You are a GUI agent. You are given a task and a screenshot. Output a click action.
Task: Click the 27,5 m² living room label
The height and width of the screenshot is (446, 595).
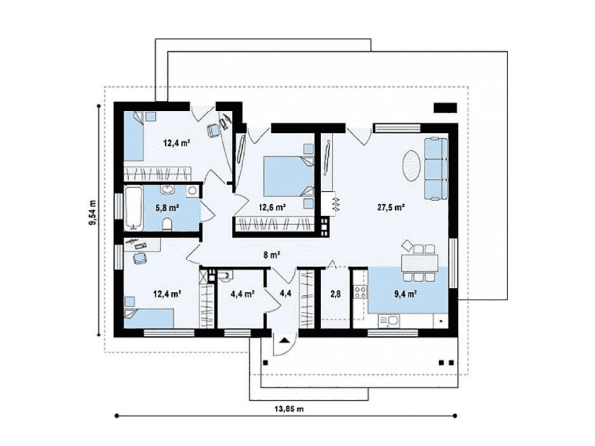pos(390,207)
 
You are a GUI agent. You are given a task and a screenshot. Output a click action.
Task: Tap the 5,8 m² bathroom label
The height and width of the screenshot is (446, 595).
pos(167,207)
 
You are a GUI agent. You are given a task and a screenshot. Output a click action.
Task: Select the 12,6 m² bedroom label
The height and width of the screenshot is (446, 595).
pos(272,207)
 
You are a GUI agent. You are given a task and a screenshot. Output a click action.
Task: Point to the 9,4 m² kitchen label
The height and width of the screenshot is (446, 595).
pos(406,293)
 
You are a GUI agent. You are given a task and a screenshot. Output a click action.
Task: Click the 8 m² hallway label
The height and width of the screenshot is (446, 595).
pos(272,255)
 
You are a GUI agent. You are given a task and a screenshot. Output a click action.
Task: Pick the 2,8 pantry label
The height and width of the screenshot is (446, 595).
pos(335,293)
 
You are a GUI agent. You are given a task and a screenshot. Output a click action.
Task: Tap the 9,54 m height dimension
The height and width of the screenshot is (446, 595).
pos(92,212)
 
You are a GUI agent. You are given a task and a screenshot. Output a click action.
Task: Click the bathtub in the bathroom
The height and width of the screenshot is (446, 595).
pos(133,207)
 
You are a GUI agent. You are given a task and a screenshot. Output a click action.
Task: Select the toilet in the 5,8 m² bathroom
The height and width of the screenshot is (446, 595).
pos(167,225)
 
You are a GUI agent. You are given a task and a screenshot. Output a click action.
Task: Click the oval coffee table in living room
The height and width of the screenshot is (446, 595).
pos(411,166)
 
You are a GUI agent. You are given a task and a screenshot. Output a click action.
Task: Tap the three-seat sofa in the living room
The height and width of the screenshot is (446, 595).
pos(436,169)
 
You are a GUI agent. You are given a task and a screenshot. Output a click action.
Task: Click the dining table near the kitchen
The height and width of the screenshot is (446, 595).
pos(419,262)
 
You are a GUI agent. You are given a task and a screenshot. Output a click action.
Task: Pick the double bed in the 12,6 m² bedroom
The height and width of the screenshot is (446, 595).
pos(289,177)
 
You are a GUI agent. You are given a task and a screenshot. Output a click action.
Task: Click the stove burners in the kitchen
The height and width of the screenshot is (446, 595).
pos(360,292)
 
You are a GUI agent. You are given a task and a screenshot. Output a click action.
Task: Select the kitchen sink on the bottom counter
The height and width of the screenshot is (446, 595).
pos(388,321)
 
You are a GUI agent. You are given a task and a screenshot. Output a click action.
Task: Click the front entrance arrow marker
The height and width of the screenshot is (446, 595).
pos(284,340)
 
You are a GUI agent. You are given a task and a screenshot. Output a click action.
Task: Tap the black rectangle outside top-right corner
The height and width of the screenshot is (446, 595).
pos(446,108)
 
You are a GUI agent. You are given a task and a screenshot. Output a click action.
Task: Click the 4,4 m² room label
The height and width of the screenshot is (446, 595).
pos(242,293)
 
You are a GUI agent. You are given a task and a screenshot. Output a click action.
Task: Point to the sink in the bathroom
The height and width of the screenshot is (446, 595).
pos(167,189)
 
